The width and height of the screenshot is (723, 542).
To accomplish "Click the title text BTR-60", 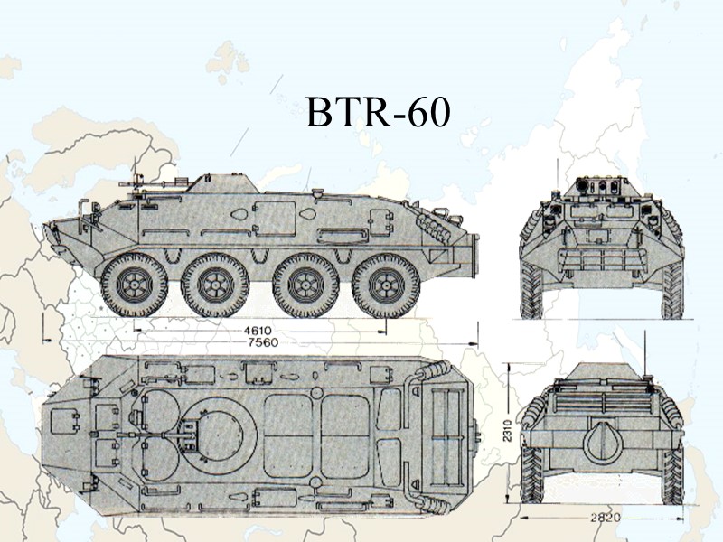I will [378, 114].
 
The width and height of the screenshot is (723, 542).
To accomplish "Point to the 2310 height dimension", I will [508, 432].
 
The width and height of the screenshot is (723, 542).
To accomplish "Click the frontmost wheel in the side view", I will [134, 285].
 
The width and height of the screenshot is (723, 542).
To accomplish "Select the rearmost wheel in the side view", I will [386, 285].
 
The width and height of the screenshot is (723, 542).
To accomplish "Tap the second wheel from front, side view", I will [215, 285].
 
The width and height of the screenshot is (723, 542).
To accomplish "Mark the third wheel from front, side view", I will [305, 285].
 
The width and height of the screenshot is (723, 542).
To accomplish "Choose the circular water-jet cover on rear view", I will [601, 443].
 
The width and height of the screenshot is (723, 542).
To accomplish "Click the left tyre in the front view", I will [531, 291].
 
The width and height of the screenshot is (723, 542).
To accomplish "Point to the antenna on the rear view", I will [646, 361].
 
